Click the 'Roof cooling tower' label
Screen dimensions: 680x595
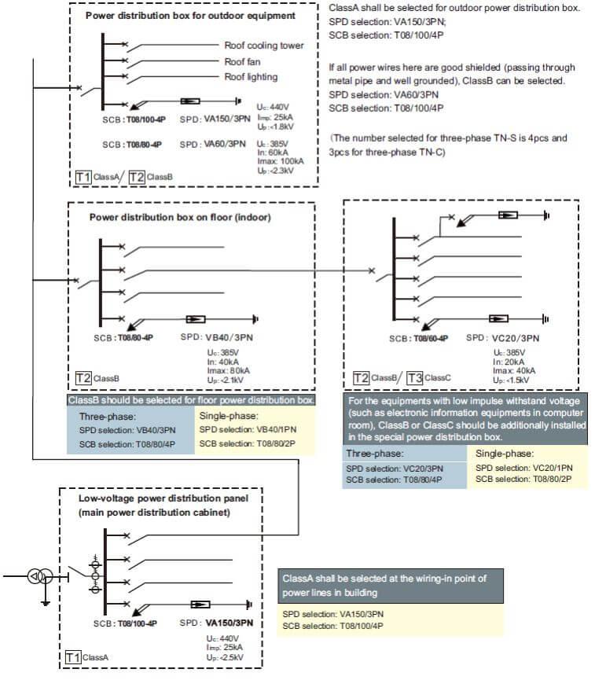263,46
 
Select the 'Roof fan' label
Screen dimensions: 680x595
243,61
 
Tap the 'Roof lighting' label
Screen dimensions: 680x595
251,77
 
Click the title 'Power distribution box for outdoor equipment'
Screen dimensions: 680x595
190,16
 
